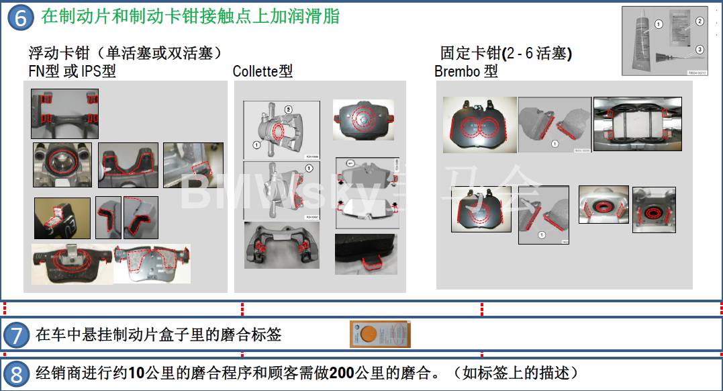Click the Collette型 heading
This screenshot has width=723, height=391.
262,71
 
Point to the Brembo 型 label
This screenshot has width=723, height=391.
466,71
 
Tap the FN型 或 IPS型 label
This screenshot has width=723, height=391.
72,71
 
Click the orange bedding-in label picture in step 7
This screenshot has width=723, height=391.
379,335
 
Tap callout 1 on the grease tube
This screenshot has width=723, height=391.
659,24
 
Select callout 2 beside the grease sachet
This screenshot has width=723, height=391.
700,21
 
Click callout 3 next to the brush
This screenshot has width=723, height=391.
700,49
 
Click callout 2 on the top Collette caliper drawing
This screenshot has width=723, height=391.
289,109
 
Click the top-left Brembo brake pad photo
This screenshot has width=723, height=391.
479,125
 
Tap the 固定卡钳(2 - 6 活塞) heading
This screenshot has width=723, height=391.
505,53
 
